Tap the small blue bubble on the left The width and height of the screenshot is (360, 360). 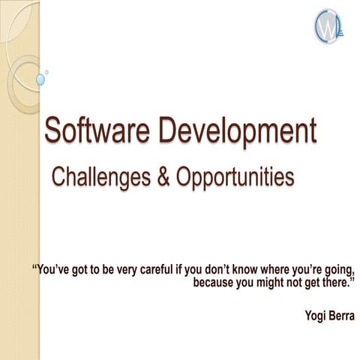point(40,79)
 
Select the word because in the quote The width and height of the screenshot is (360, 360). point(214,283)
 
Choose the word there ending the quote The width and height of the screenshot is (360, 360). point(339,283)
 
